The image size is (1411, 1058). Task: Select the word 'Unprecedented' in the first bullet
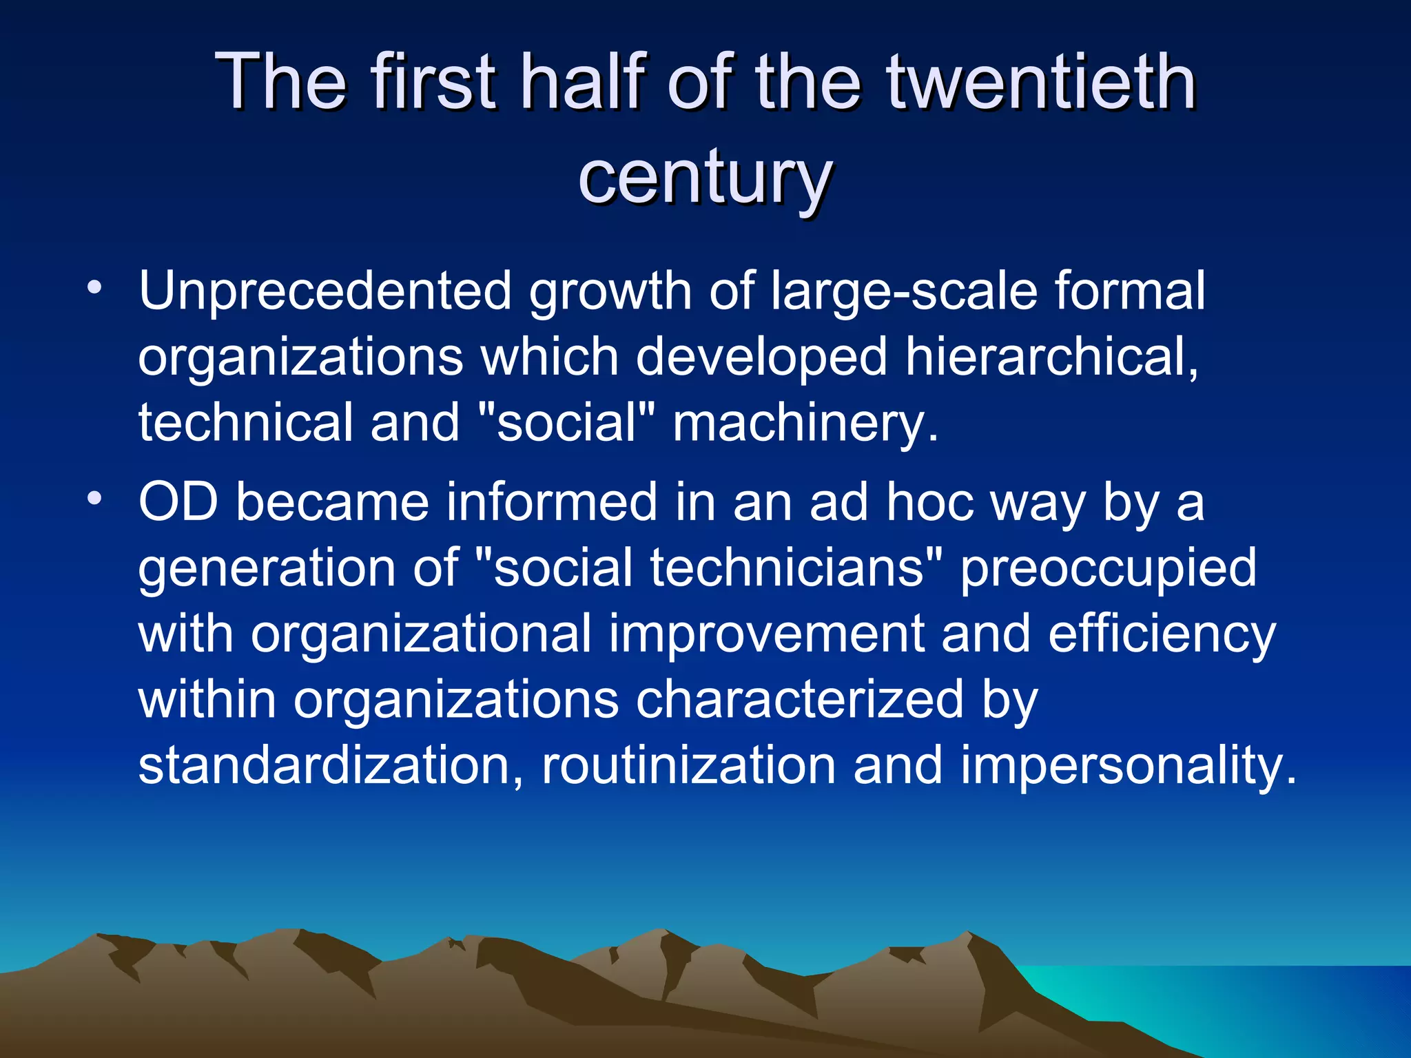pos(325,291)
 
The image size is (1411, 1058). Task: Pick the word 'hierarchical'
pos(1051,357)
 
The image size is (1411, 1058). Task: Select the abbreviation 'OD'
pos(178,502)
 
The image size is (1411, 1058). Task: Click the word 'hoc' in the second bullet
pos(929,502)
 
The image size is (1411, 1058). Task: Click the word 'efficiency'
pos(1162,634)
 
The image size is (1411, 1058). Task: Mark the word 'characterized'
pos(799,700)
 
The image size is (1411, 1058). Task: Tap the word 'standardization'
pos(331,765)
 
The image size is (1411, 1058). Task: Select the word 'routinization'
pos(688,765)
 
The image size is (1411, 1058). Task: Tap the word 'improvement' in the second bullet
pos(765,634)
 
